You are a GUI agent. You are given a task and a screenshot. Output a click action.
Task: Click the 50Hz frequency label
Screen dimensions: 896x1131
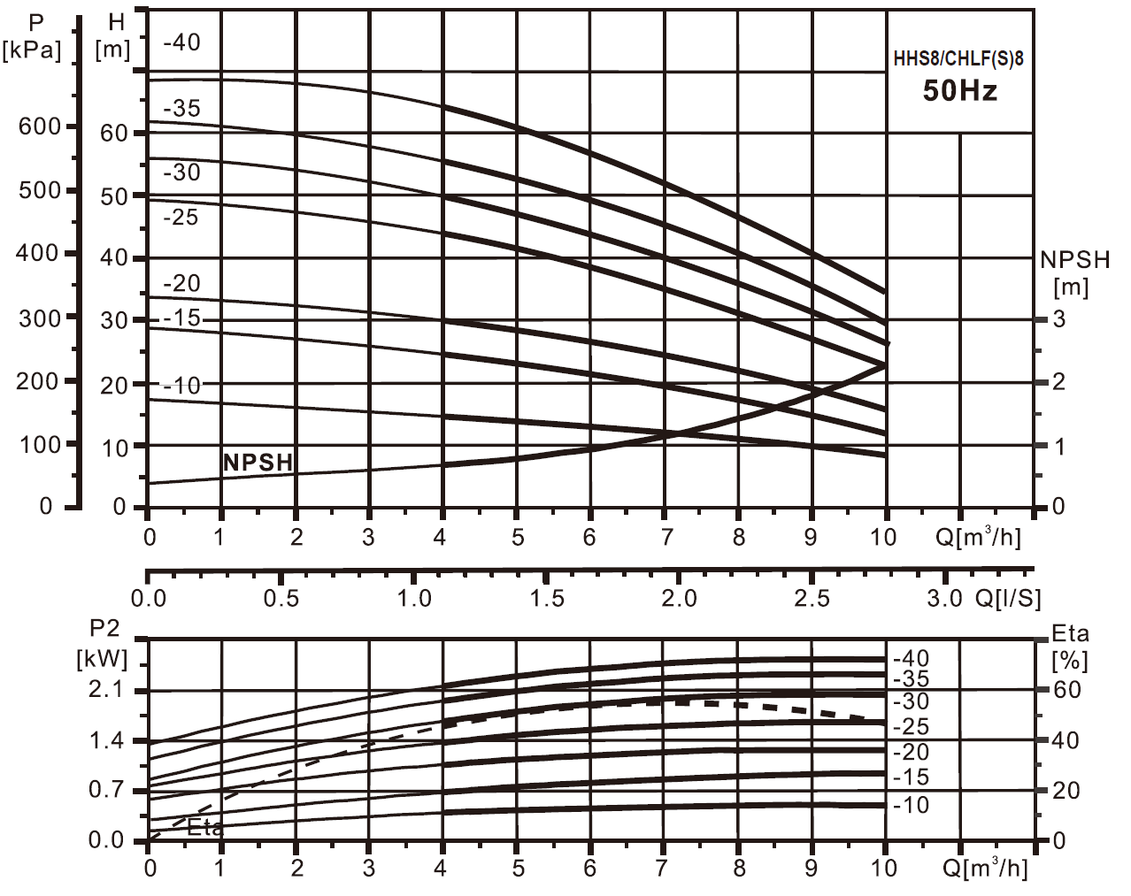[959, 90]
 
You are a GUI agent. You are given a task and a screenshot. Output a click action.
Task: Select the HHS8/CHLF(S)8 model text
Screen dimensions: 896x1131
[958, 59]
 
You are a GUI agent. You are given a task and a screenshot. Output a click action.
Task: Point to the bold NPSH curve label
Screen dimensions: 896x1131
[258, 463]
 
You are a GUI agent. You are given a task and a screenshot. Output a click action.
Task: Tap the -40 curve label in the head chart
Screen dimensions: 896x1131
[181, 42]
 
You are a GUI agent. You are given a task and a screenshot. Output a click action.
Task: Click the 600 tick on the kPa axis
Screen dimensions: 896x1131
[40, 126]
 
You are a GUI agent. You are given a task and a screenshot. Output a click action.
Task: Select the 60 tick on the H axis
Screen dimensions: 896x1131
[114, 134]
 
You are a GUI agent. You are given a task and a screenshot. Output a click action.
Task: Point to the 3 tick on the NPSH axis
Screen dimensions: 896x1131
[1058, 319]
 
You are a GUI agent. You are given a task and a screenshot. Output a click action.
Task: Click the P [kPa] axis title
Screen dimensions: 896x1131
[33, 36]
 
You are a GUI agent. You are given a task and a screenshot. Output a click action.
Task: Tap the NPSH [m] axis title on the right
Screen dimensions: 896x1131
[1073, 272]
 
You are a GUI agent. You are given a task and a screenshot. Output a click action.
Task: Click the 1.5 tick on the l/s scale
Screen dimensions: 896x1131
[547, 599]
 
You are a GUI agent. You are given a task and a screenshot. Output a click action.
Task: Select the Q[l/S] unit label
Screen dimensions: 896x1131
[1008, 599]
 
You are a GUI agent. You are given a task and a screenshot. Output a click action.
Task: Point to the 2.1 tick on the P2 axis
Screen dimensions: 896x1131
[106, 690]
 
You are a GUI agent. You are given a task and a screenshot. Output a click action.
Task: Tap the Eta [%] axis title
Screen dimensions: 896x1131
[1070, 647]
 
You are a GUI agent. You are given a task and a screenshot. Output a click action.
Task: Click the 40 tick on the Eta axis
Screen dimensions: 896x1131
[1066, 740]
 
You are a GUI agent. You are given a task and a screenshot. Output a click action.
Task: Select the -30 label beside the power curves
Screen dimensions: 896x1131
[911, 702]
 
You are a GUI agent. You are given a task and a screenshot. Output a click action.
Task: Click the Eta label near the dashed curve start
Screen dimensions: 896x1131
[205, 828]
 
